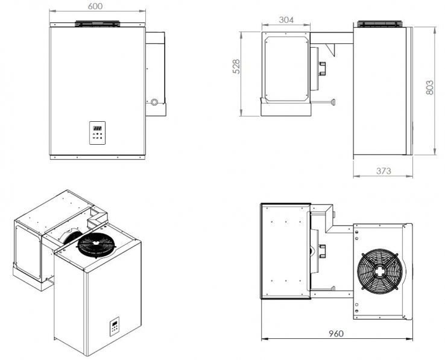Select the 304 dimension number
[x=286, y=20]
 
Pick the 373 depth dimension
[x=383, y=171]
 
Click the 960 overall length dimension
[x=338, y=333]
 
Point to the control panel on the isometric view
[x=115, y=327]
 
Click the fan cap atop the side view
[x=380, y=24]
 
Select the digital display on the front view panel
[x=97, y=128]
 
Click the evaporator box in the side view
[x=286, y=68]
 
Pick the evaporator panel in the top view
[x=284, y=251]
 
